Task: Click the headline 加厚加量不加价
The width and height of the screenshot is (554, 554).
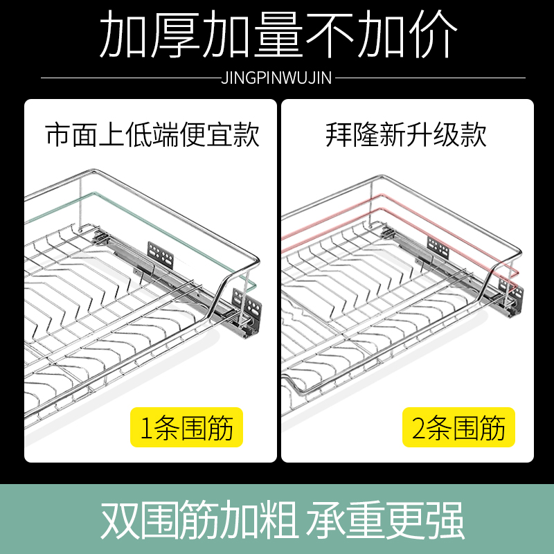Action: [x=277, y=35]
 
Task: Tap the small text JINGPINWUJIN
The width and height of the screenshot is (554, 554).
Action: [x=276, y=78]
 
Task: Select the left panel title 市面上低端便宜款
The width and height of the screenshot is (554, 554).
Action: [x=152, y=134]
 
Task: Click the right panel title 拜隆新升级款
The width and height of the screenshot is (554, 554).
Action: [x=406, y=134]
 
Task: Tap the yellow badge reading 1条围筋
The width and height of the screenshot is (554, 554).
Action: [x=186, y=428]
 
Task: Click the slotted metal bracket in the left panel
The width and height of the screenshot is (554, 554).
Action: [x=159, y=254]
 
